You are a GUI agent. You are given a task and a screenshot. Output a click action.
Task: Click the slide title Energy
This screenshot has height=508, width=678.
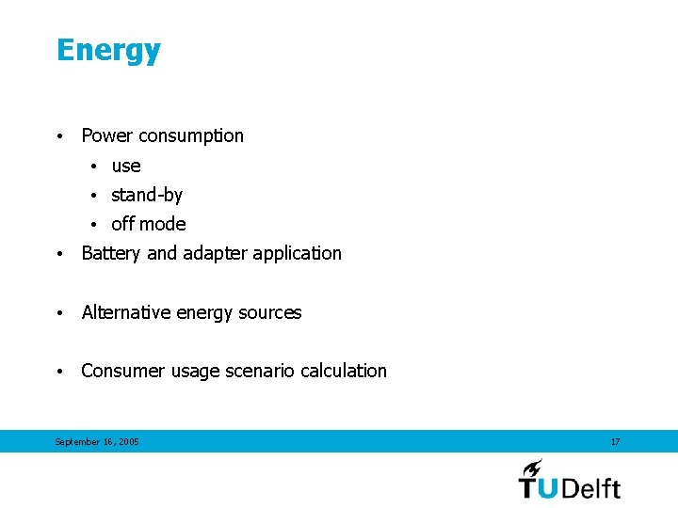(108, 51)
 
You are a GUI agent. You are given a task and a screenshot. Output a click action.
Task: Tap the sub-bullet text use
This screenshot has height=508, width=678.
(126, 167)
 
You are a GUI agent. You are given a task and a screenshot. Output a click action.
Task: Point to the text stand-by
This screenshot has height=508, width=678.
(147, 196)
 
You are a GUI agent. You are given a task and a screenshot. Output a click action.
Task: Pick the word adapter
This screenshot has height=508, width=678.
(215, 254)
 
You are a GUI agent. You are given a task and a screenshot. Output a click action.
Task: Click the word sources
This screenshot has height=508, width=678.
(271, 312)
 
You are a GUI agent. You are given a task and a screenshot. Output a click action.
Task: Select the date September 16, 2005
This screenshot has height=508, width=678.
(97, 442)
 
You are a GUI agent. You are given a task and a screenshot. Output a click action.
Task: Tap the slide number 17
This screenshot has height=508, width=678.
(616, 442)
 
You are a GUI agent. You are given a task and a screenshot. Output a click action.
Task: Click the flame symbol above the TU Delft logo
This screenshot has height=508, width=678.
(532, 468)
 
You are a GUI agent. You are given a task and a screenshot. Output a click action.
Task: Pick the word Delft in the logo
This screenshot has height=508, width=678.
(590, 487)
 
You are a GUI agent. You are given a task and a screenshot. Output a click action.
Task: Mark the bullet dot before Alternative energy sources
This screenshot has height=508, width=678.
(59, 313)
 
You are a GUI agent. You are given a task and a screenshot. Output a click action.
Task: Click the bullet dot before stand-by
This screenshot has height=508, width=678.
(95, 196)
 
